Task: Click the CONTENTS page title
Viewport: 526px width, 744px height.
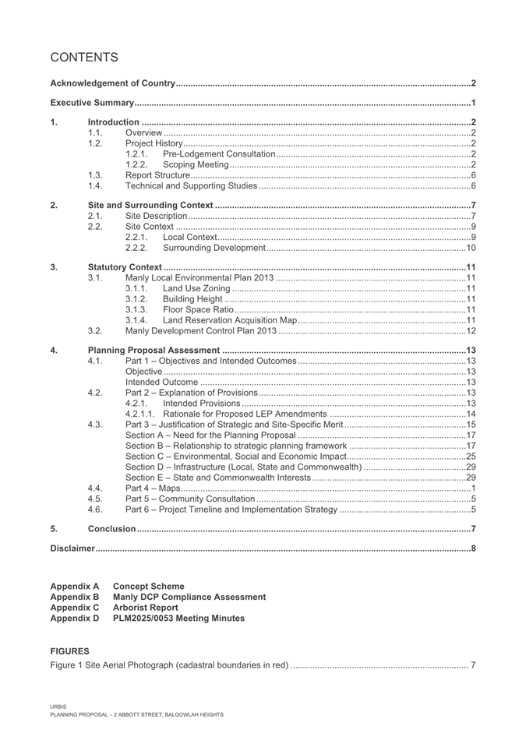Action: tap(84, 58)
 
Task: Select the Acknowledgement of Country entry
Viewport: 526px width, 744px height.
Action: tap(113, 83)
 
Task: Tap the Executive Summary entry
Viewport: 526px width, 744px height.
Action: tap(90, 103)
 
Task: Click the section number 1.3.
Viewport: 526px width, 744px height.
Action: tap(95, 175)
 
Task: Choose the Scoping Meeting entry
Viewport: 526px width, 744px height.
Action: tap(196, 164)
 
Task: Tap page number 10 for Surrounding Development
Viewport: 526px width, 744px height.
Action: tap(470, 248)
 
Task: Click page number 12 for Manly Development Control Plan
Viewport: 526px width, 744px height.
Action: tap(470, 331)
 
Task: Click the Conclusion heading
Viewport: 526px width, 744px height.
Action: tap(111, 529)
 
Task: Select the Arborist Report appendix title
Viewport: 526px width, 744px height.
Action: tap(145, 608)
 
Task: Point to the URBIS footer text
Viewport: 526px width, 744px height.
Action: tap(58, 707)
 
